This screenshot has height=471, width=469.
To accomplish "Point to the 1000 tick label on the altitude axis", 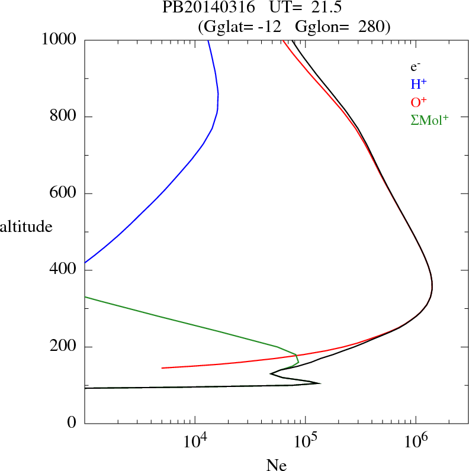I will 59,40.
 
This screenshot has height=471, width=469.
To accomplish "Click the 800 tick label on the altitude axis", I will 64,117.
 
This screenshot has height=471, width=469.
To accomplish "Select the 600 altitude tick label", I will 64,193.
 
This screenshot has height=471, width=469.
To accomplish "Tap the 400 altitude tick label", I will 64,270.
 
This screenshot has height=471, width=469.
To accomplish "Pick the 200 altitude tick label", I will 64,347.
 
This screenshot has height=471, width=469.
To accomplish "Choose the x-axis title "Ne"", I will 276,464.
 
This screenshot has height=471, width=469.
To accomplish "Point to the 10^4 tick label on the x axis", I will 195,440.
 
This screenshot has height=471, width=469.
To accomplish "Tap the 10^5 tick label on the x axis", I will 306,440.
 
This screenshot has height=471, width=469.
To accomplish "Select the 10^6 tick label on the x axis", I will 416,440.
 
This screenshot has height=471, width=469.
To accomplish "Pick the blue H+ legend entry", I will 419,84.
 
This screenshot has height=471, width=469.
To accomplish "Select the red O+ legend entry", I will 419,102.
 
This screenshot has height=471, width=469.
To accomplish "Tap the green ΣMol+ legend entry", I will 429,120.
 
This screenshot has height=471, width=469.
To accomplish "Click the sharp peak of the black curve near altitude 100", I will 320,383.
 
